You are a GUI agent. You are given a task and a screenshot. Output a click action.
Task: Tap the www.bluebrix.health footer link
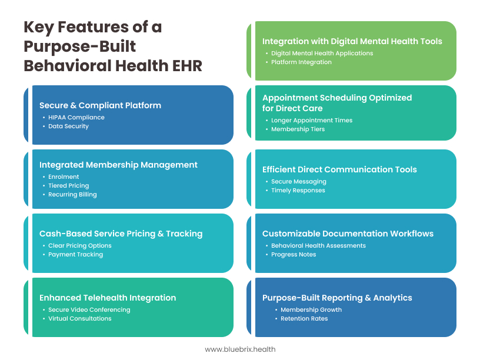(240, 349)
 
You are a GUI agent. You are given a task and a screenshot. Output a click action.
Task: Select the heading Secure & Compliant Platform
(100, 105)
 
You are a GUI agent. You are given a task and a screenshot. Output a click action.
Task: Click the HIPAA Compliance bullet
(76, 117)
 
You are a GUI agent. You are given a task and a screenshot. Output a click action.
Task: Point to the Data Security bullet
(68, 126)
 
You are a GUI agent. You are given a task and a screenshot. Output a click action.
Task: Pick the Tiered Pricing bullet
(69, 185)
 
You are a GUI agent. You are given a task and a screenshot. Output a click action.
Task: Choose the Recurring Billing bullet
(72, 194)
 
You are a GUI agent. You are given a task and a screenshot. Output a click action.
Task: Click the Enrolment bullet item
(64, 176)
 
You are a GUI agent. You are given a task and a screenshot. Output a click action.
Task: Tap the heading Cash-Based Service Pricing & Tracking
(121, 234)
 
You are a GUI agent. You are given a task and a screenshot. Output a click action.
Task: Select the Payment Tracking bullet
(76, 254)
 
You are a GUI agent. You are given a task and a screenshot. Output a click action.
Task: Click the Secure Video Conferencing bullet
(89, 310)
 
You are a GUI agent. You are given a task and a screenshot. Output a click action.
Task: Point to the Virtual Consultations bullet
(79, 318)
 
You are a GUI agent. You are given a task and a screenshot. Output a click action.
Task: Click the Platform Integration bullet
(301, 62)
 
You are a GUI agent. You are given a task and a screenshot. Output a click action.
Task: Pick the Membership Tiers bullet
(298, 129)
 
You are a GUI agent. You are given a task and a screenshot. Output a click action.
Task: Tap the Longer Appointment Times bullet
(312, 121)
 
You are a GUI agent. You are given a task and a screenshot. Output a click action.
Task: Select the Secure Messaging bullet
(298, 182)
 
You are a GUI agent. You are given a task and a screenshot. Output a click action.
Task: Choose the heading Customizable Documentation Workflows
(348, 234)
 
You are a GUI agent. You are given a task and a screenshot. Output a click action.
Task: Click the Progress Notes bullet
(294, 254)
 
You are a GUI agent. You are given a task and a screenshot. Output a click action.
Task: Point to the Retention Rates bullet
(304, 318)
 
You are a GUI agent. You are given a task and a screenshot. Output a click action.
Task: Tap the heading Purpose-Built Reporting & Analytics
(337, 298)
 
